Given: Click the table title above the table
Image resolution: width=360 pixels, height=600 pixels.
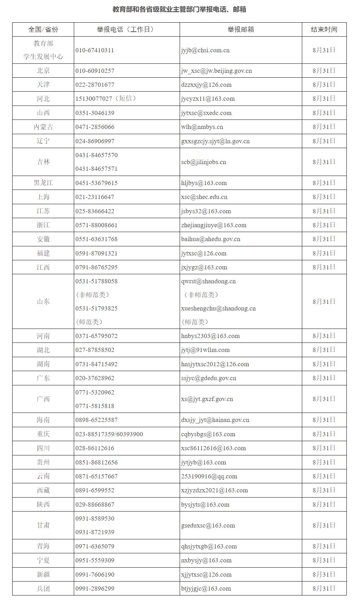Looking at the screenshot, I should [x=179, y=9].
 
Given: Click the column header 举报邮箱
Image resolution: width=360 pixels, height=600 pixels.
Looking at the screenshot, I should [x=241, y=30].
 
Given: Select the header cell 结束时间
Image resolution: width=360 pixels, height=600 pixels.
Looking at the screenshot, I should [x=324, y=30].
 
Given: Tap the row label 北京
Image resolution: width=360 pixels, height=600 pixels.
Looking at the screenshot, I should [x=43, y=71].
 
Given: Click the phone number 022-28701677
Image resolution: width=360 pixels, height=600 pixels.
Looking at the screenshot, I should [x=95, y=85].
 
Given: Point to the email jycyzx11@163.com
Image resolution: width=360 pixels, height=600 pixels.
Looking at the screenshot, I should [x=208, y=99].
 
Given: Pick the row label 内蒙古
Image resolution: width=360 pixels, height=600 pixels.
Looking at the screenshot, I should [x=43, y=127].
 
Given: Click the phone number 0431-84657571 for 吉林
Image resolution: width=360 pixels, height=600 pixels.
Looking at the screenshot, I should [x=96, y=169].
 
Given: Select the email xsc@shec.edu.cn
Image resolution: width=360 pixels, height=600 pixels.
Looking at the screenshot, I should [x=204, y=197].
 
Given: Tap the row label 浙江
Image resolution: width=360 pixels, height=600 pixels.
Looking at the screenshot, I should [x=43, y=225].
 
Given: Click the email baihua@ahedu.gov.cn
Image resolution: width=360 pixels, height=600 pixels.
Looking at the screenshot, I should [x=211, y=239].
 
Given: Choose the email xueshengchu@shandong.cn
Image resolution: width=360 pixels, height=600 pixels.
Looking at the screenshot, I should [x=218, y=308].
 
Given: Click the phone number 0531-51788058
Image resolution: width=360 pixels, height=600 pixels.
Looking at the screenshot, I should [x=96, y=281].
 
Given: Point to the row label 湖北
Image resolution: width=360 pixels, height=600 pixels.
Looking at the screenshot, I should [x=43, y=350].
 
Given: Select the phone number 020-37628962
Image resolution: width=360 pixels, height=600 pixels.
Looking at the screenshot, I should [x=95, y=378].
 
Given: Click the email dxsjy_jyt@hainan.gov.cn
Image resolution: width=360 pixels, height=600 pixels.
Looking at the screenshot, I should [x=215, y=420].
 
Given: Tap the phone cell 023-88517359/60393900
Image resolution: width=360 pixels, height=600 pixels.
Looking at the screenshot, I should [x=109, y=434].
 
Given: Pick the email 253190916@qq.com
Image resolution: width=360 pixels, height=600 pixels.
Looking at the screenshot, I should [x=209, y=476].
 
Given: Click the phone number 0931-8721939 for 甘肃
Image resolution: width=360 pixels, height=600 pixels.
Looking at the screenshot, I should [x=95, y=532].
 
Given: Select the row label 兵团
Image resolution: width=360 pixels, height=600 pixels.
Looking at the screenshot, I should [x=43, y=589].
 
